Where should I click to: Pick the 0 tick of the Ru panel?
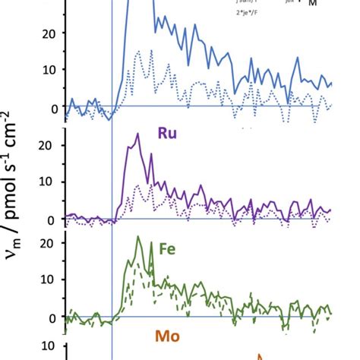[x=52, y=219]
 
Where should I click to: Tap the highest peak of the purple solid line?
[x=137, y=134]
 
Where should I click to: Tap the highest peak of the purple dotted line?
[x=137, y=185]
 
